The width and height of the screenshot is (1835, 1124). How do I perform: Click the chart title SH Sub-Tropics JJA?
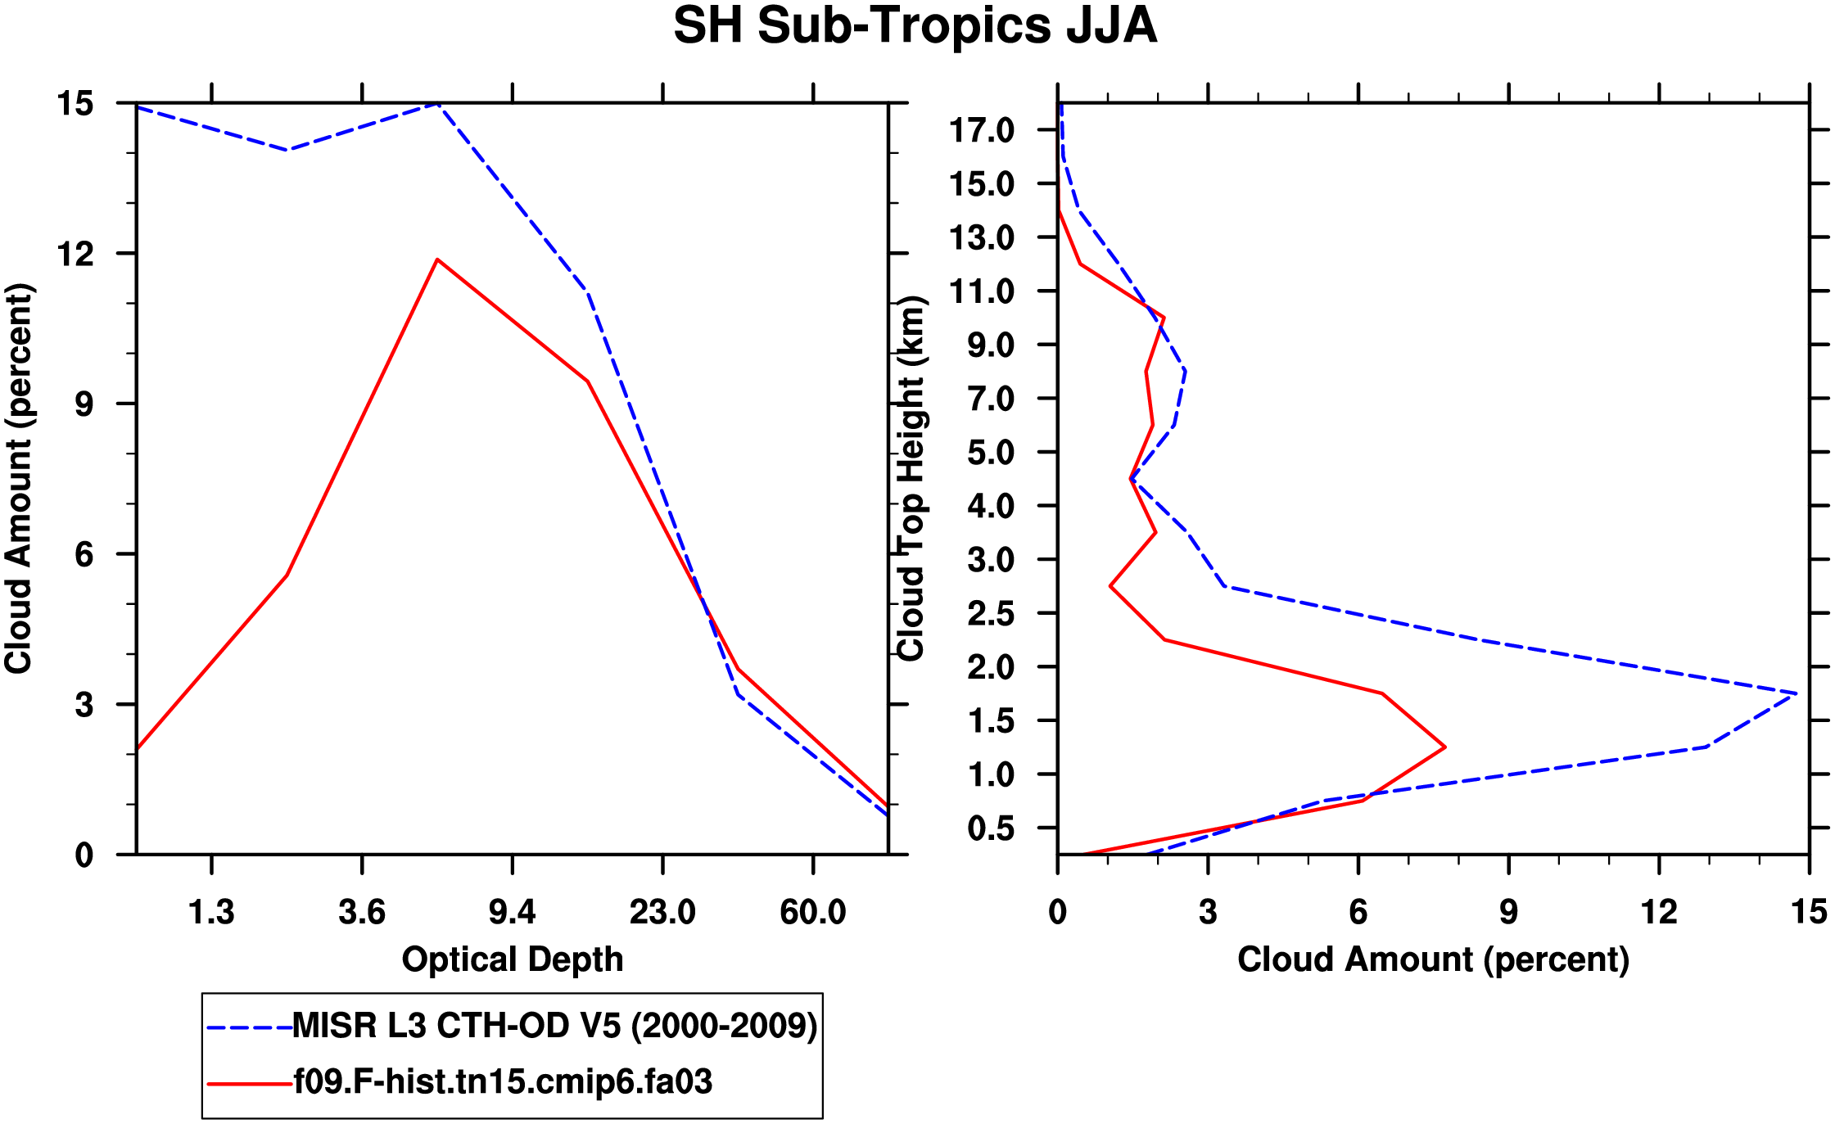pyautogui.click(x=915, y=26)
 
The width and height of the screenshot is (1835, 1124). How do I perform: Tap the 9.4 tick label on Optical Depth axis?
pyautogui.click(x=512, y=912)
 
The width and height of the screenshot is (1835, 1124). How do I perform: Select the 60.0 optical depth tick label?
pyautogui.click(x=812, y=912)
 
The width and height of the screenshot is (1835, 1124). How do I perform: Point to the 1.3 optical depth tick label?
pyautogui.click(x=211, y=912)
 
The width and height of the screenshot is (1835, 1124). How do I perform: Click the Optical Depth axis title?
pyautogui.click(x=513, y=959)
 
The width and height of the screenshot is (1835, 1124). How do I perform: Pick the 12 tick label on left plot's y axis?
pyautogui.click(x=75, y=255)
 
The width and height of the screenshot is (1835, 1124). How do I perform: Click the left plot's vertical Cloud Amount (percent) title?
pyautogui.click(x=20, y=479)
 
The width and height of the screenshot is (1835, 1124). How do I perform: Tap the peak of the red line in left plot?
pyautogui.click(x=438, y=260)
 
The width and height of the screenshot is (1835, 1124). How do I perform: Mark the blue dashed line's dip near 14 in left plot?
pyautogui.click(x=287, y=150)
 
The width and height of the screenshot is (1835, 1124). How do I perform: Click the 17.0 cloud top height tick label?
pyautogui.click(x=981, y=130)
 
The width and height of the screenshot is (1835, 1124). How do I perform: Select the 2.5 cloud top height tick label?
pyautogui.click(x=991, y=614)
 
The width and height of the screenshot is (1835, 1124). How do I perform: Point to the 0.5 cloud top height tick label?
pyautogui.click(x=991, y=828)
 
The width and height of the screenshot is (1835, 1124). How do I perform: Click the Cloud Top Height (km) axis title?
pyautogui.click(x=912, y=479)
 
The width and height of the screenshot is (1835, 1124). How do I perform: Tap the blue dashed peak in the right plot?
pyautogui.click(x=1797, y=693)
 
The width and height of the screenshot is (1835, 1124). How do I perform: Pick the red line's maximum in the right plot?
pyautogui.click(x=1445, y=747)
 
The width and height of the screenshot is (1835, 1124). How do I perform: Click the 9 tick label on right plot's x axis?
pyautogui.click(x=1508, y=912)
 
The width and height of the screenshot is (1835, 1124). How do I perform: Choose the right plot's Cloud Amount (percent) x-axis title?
pyautogui.click(x=1433, y=959)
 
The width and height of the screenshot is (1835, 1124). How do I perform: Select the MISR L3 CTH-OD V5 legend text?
pyautogui.click(x=554, y=1026)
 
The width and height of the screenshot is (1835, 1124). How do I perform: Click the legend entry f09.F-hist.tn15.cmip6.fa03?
pyautogui.click(x=503, y=1082)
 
